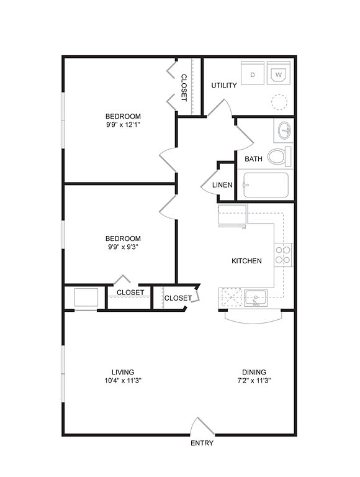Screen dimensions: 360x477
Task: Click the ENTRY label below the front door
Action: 202,443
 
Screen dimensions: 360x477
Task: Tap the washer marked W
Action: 279,73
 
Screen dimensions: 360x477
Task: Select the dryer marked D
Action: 253,73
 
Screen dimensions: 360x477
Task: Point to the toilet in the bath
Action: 279,157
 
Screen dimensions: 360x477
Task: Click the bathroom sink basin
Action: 284,130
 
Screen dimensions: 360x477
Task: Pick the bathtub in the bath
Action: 266,185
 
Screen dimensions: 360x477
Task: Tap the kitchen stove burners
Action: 284,255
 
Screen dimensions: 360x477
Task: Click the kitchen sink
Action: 256,298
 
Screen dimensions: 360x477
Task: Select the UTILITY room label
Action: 224,86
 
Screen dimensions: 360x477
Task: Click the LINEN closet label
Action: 222,185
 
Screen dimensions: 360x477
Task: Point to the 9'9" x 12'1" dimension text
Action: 123,124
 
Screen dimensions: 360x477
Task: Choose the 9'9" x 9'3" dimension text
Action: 123,247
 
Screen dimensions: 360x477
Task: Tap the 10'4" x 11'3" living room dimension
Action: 123,380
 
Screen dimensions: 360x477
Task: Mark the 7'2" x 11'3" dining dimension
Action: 254,380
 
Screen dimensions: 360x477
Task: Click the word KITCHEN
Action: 246,261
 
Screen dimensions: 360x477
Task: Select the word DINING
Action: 254,372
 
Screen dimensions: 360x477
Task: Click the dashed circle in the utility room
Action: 279,102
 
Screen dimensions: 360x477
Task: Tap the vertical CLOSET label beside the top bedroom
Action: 184,88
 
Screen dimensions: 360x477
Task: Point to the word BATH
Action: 253,159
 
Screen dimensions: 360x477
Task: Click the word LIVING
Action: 123,372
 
